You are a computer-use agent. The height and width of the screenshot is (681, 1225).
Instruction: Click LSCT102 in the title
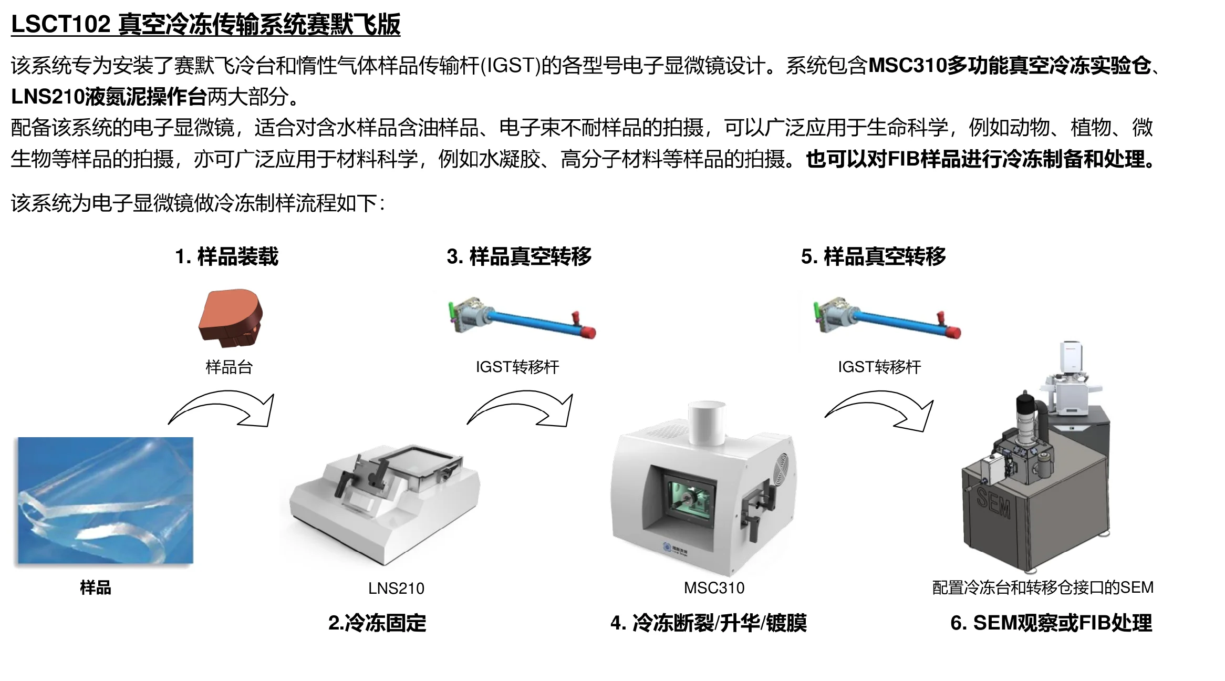(60, 24)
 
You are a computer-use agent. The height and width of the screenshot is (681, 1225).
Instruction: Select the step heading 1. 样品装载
(226, 256)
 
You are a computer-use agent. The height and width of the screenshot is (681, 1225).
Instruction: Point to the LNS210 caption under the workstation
(396, 588)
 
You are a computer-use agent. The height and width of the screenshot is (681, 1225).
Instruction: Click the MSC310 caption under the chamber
(714, 587)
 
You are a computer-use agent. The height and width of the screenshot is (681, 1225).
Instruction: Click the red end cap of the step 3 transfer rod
(589, 332)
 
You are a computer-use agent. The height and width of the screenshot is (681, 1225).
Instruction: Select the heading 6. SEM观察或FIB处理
(1051, 623)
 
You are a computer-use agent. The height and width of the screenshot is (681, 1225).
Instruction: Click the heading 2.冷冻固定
(377, 623)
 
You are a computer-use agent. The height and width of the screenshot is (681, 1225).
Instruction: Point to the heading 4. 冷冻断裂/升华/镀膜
(708, 623)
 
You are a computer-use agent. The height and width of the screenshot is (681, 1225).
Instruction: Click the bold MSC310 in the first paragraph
(907, 65)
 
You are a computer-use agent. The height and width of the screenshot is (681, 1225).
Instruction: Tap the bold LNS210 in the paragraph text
(47, 96)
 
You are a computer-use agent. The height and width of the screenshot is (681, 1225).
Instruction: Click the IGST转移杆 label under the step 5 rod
(879, 366)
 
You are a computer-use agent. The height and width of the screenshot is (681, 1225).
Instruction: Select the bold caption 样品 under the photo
(96, 587)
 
